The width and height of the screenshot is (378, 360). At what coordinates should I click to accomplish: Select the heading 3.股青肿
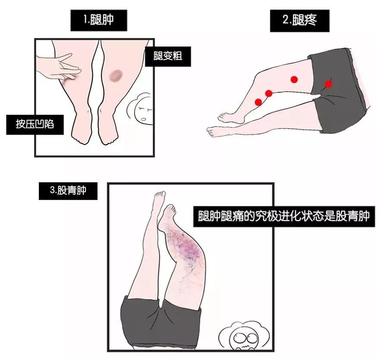(68, 190)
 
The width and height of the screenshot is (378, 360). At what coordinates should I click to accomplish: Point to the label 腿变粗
(168, 57)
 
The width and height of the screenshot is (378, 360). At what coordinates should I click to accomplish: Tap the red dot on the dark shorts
(328, 84)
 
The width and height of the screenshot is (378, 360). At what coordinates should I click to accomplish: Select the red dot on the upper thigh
(294, 79)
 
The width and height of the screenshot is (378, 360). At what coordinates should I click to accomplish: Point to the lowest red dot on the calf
(258, 102)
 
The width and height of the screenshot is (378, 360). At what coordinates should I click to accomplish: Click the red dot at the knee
(268, 93)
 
